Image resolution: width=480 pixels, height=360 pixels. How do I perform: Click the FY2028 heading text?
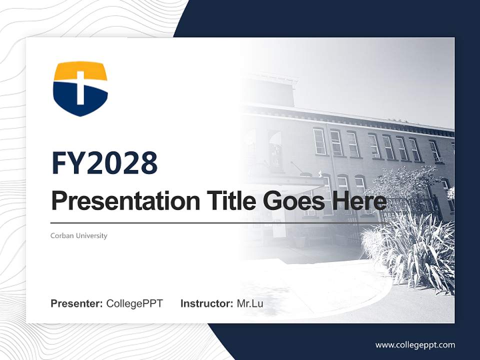pyautogui.click(x=104, y=163)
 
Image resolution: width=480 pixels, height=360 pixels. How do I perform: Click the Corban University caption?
pyautogui.click(x=79, y=235)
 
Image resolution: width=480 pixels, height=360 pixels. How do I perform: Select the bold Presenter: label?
pyautogui.click(x=77, y=303)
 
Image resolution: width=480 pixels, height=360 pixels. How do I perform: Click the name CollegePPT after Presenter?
pyautogui.click(x=134, y=303)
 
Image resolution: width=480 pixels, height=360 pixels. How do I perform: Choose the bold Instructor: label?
pyautogui.click(x=206, y=303)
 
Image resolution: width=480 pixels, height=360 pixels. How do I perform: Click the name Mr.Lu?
pyautogui.click(x=250, y=303)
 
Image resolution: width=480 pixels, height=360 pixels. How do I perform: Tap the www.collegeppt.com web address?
pyautogui.click(x=415, y=344)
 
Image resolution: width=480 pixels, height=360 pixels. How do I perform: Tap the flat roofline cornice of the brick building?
pyautogui.click(x=350, y=117)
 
